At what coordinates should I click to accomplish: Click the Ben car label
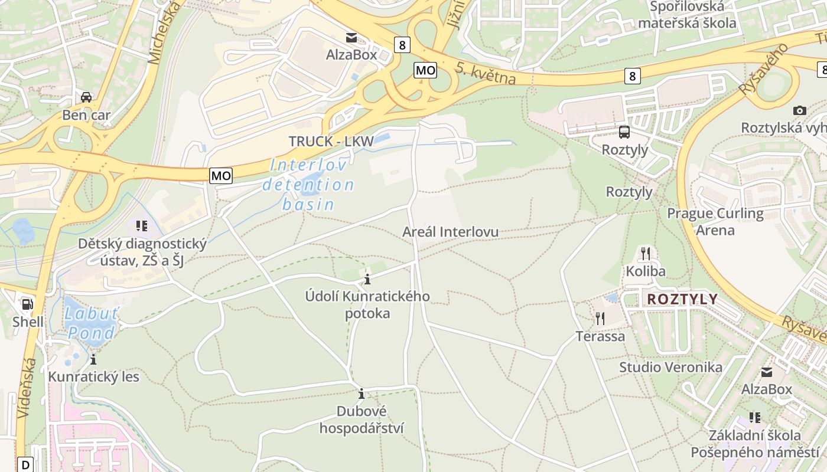tap(86, 115)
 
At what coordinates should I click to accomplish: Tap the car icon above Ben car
tap(86, 97)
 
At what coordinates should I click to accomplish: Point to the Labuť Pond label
tap(91, 323)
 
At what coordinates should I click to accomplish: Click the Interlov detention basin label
tap(308, 185)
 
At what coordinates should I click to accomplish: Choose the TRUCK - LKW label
tap(331, 142)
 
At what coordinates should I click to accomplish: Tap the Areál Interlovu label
tap(450, 232)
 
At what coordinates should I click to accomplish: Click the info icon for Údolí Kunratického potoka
tap(367, 278)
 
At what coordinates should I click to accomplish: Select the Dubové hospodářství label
tap(362, 419)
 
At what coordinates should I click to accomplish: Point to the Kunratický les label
tap(93, 376)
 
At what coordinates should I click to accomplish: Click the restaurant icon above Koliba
tap(646, 254)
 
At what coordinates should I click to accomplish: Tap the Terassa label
tap(600, 336)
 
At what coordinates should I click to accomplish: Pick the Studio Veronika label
tap(670, 367)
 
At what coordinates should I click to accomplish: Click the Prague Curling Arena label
tap(715, 221)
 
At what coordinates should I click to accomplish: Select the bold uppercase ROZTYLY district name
tap(682, 299)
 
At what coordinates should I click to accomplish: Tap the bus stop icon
tap(624, 132)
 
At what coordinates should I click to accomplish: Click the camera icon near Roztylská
tap(800, 110)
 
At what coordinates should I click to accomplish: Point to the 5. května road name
tap(486, 73)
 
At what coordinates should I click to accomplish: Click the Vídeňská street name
tap(27, 388)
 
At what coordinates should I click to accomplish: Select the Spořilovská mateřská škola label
tap(687, 15)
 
